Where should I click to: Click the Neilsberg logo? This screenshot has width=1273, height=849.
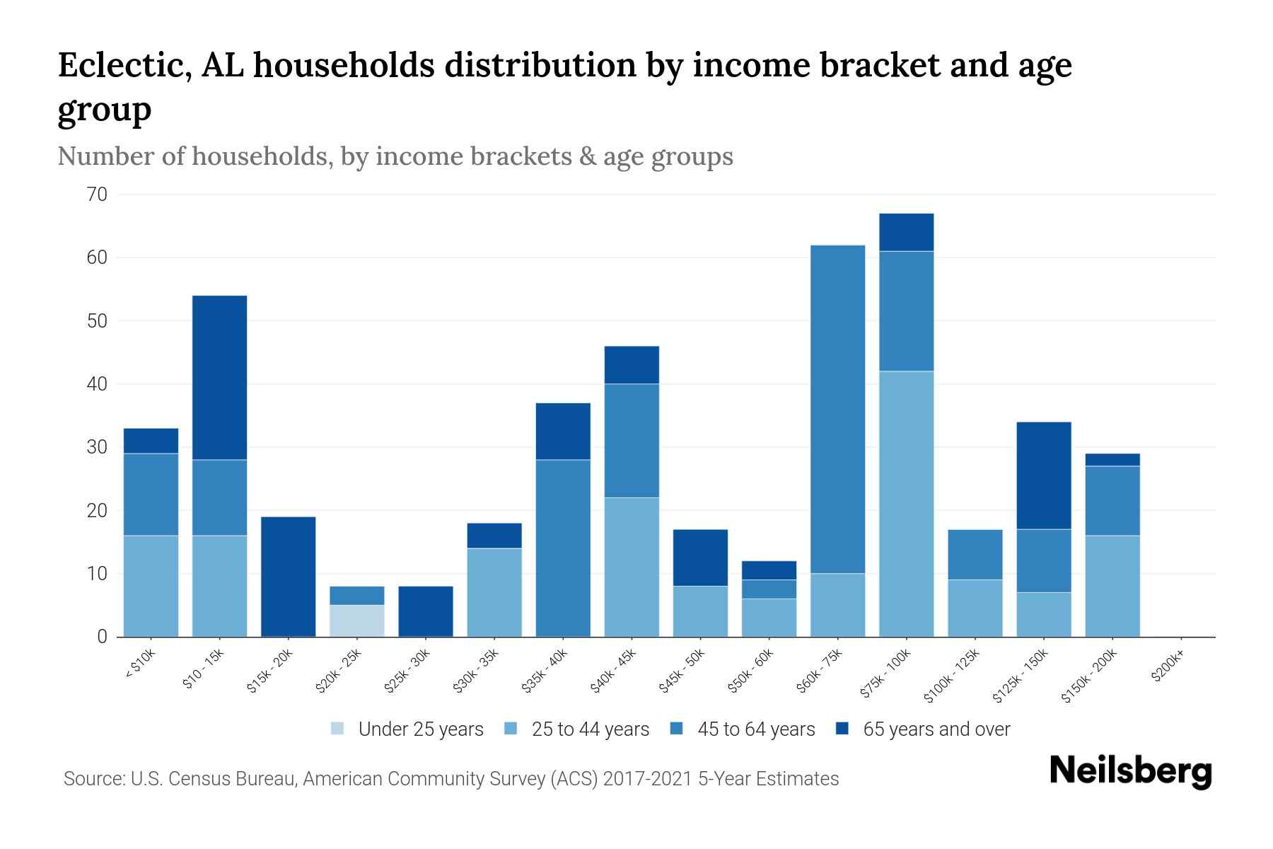(1130, 771)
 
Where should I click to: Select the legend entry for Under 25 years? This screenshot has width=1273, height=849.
(407, 729)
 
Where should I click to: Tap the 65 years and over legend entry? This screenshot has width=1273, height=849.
(923, 729)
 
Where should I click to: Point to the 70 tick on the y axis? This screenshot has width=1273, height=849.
(98, 195)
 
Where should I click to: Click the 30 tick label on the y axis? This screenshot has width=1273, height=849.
(98, 447)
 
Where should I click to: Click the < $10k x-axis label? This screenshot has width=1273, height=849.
(140, 664)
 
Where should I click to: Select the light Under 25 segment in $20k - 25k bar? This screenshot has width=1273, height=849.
(356, 620)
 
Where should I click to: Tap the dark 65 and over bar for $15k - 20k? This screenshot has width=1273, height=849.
(288, 577)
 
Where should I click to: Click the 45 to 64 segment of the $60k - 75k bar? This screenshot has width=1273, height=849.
(837, 409)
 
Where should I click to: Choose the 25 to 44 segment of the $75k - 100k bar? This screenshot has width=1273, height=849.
(906, 504)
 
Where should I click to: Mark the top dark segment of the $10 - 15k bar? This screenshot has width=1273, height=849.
(219, 378)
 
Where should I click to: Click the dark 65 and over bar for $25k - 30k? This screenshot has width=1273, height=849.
(425, 611)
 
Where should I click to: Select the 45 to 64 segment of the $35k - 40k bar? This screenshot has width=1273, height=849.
(563, 548)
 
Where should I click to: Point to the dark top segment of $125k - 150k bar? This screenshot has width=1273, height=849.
(1043, 475)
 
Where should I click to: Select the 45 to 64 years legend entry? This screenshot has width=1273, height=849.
(743, 729)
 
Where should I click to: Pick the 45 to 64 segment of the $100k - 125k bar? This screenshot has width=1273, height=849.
(975, 555)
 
